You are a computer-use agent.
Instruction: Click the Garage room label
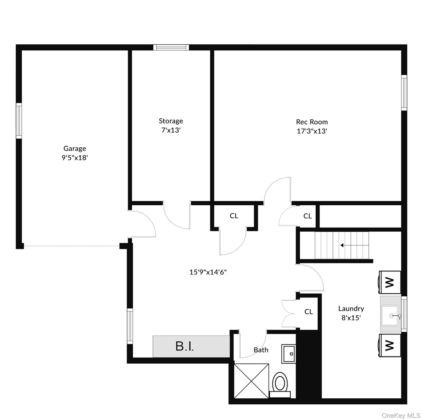click(x=75, y=148)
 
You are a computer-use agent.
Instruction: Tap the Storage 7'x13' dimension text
click(x=171, y=130)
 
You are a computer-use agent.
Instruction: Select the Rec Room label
click(x=312, y=122)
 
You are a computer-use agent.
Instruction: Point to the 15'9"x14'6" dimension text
click(x=208, y=272)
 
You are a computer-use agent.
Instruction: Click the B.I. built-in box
click(x=191, y=346)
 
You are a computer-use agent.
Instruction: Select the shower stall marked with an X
click(x=252, y=381)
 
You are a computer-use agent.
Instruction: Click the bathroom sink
click(x=288, y=354)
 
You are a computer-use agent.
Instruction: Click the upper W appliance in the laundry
click(x=390, y=282)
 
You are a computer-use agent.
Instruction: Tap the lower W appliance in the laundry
click(x=390, y=345)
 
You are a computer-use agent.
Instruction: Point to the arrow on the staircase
click(x=342, y=245)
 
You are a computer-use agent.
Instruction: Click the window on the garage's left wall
click(x=19, y=121)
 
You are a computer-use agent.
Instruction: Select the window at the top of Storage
click(x=171, y=47)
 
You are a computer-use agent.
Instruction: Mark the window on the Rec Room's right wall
click(x=404, y=93)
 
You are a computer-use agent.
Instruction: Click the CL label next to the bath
click(x=308, y=312)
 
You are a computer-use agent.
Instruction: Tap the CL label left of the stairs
click(x=308, y=216)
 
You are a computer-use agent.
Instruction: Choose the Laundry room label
click(x=351, y=309)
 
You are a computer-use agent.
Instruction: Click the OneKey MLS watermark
click(x=401, y=416)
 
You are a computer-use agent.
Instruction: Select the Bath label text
click(x=261, y=350)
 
